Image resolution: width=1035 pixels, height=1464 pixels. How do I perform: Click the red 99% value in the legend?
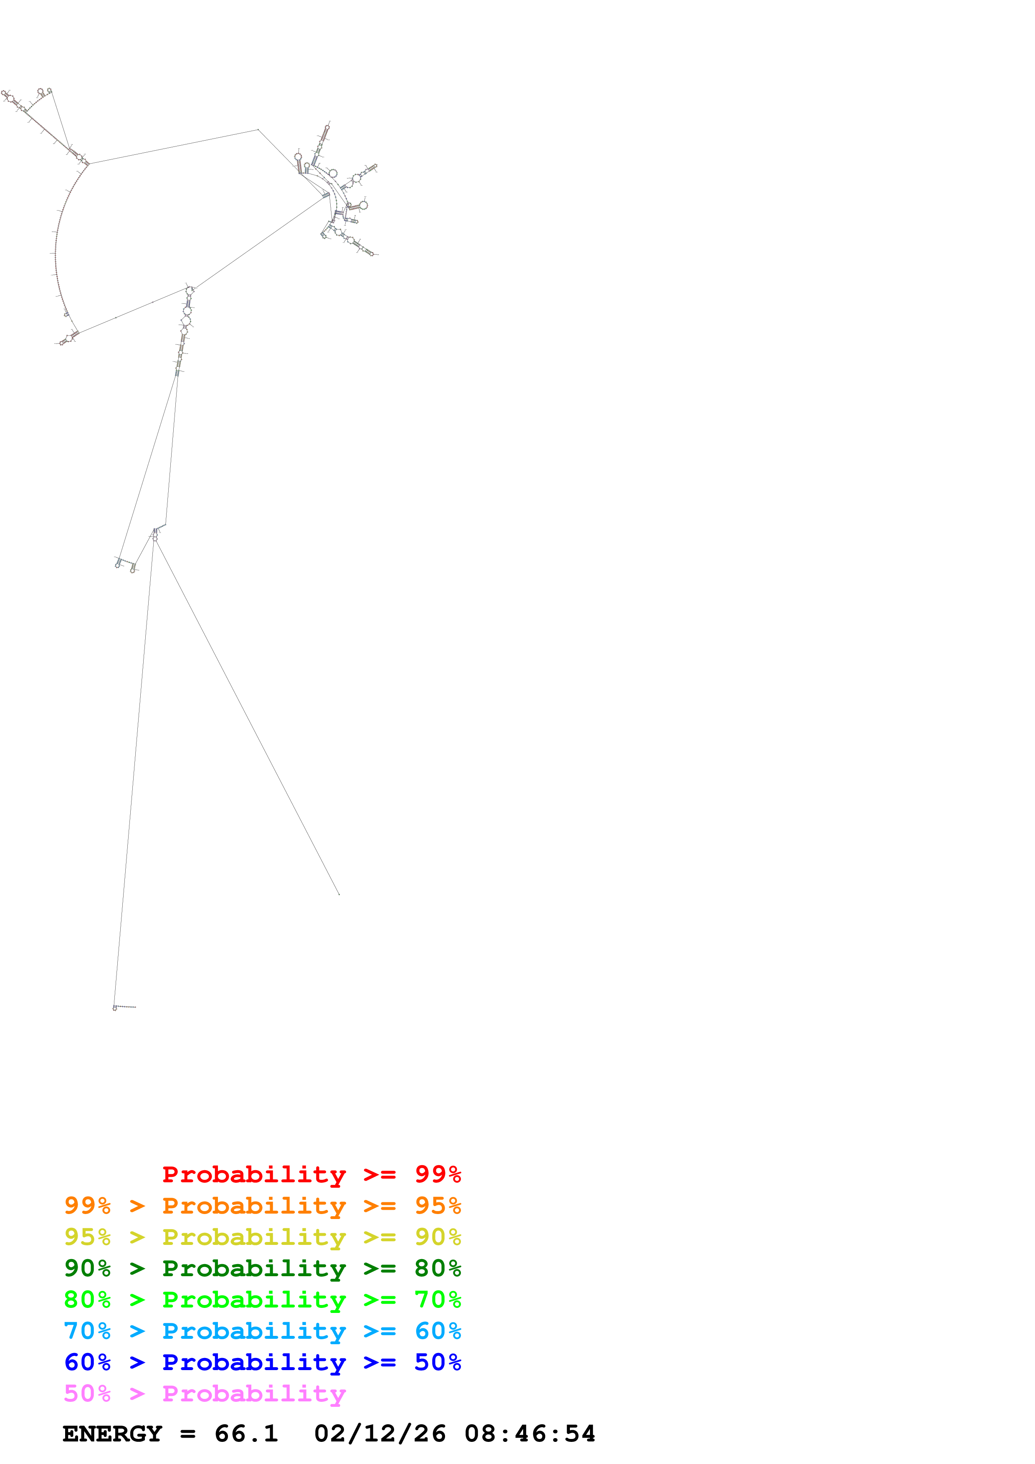click(x=438, y=1174)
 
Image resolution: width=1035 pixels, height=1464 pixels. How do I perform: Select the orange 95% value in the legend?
click(x=438, y=1206)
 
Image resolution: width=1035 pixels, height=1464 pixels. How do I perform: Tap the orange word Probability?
click(x=254, y=1206)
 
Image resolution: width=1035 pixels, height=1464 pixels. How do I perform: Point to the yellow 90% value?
click(x=438, y=1237)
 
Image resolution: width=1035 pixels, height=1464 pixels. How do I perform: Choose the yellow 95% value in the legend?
click(x=87, y=1237)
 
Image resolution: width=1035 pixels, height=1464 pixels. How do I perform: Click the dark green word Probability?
click(x=254, y=1268)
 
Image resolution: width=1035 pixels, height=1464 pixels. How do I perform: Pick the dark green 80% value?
click(x=438, y=1268)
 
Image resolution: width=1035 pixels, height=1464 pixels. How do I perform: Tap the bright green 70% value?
click(x=438, y=1300)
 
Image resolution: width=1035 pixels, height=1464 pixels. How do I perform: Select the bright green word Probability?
click(x=254, y=1300)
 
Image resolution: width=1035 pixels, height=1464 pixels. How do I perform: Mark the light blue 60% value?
click(x=438, y=1331)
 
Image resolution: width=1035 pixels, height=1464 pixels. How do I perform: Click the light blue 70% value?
click(x=87, y=1331)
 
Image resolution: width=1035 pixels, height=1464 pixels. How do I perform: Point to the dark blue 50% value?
click(x=438, y=1362)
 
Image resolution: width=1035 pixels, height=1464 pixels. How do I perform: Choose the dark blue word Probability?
click(x=254, y=1362)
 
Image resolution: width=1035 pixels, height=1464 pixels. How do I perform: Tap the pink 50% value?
click(x=87, y=1393)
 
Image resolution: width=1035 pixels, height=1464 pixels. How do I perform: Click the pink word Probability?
click(x=254, y=1393)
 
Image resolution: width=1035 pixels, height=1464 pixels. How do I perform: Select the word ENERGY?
click(x=112, y=1434)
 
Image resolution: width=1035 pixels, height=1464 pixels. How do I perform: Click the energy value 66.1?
click(x=246, y=1434)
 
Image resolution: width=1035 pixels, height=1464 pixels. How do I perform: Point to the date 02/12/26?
click(x=380, y=1434)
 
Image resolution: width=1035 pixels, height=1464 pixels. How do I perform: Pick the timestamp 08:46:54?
click(x=529, y=1434)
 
